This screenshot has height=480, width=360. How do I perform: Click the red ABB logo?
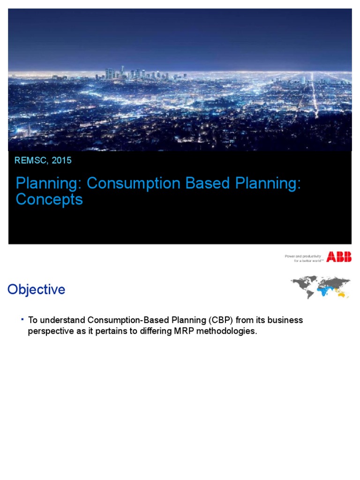[x=339, y=257]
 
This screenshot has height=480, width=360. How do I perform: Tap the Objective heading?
[x=36, y=290]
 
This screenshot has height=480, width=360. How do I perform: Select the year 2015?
[x=62, y=161]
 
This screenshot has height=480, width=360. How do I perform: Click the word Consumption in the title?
[x=127, y=184]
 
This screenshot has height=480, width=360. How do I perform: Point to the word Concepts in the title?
[x=49, y=200]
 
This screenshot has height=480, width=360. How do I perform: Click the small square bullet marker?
[x=22, y=319]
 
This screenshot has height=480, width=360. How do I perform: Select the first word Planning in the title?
[x=45, y=184]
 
